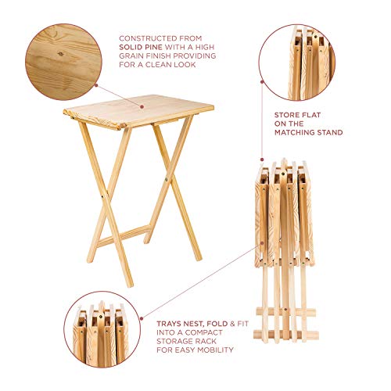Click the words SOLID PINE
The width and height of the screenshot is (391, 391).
pyautogui.click(x=141, y=47)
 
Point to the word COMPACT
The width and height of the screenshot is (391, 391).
pyautogui.click(x=204, y=332)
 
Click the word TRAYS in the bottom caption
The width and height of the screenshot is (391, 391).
pyautogui.click(x=169, y=324)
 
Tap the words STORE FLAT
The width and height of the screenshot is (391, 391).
pyautogui.click(x=297, y=115)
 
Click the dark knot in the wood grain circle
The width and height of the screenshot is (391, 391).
pyautogui.click(x=61, y=54)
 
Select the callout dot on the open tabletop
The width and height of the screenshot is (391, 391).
pyautogui.click(x=142, y=106)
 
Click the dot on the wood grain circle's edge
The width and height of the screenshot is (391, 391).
pyautogui.click(x=96, y=85)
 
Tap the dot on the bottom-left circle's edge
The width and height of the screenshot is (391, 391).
pyautogui.click(x=142, y=318)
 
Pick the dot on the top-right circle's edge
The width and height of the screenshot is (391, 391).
pyautogui.click(x=262, y=81)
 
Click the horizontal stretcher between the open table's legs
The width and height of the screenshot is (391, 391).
pyautogui.click(x=124, y=235)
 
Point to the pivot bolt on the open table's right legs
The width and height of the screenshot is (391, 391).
pyautogui.click(x=167, y=179)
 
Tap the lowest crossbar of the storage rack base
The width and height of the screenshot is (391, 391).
pyautogui.click(x=286, y=335)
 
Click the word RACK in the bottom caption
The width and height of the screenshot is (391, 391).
pyautogui.click(x=206, y=341)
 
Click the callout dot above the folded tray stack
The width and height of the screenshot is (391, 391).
pyautogui.click(x=262, y=160)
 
